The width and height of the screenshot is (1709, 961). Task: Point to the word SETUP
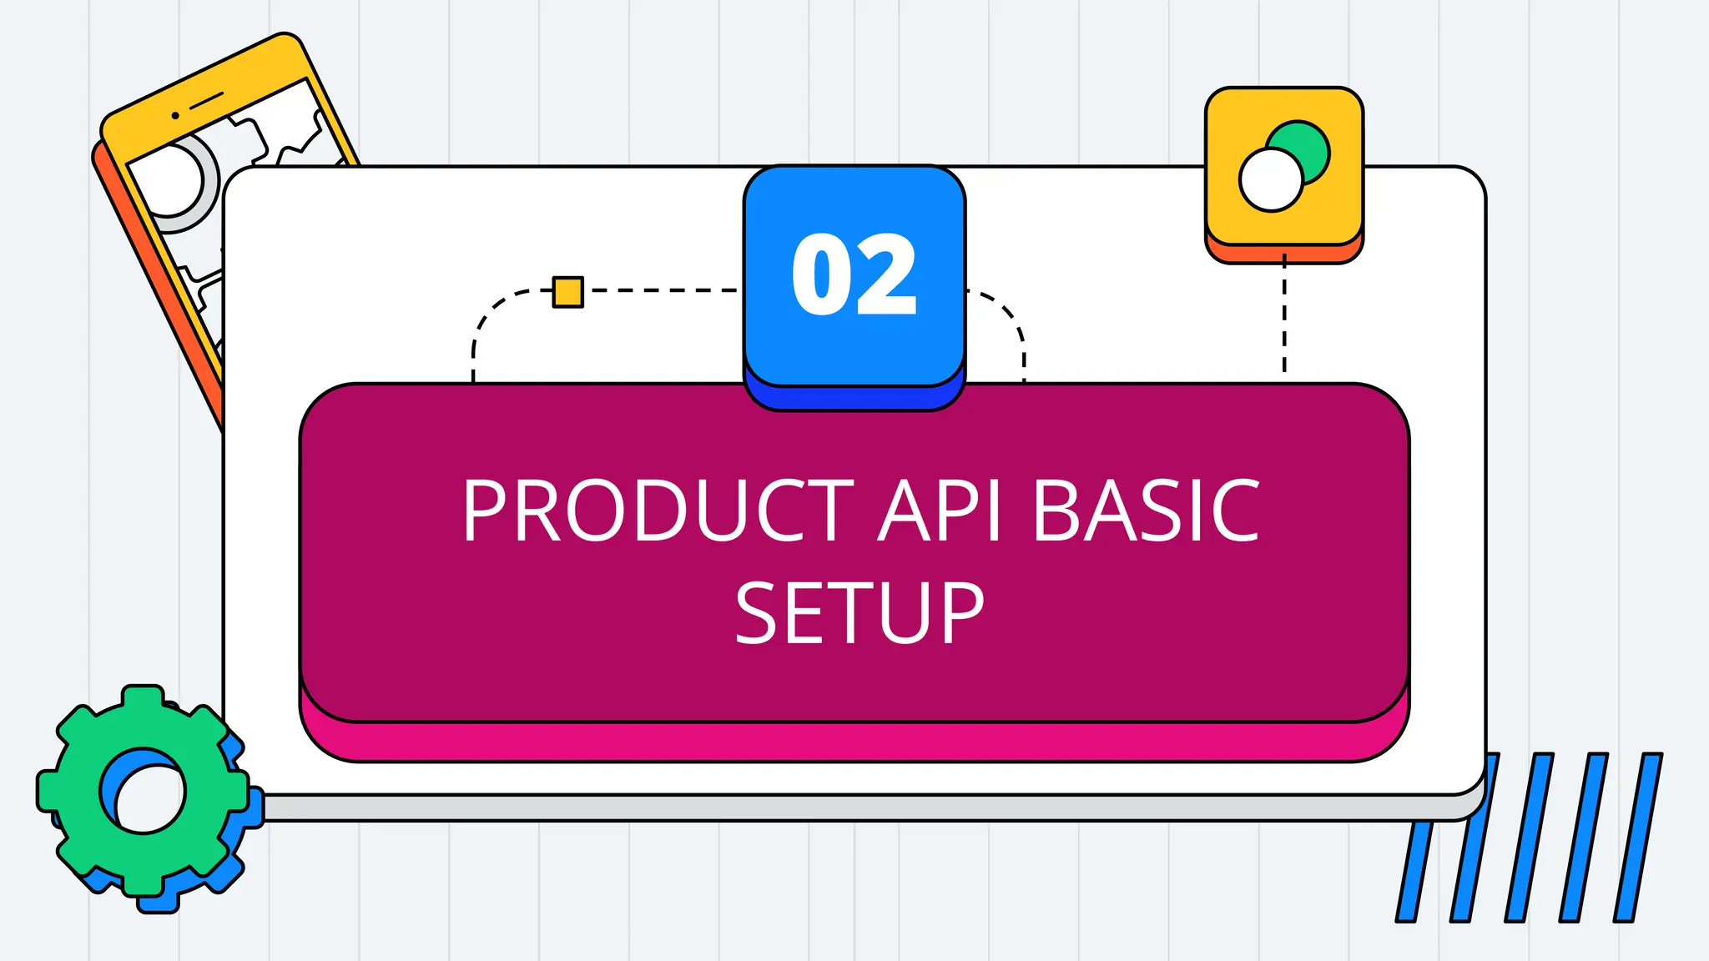(860, 613)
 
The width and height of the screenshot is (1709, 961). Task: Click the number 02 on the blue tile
(854, 274)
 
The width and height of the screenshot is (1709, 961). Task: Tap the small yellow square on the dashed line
(568, 292)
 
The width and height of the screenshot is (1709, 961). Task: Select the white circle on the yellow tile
(1270, 180)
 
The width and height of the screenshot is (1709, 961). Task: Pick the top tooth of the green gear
(143, 699)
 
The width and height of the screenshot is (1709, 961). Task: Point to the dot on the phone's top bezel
(175, 115)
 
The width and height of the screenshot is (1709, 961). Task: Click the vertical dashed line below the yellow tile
(1284, 317)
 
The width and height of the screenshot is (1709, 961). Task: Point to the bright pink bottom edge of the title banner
(854, 742)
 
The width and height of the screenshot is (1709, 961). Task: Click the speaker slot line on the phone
(206, 101)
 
